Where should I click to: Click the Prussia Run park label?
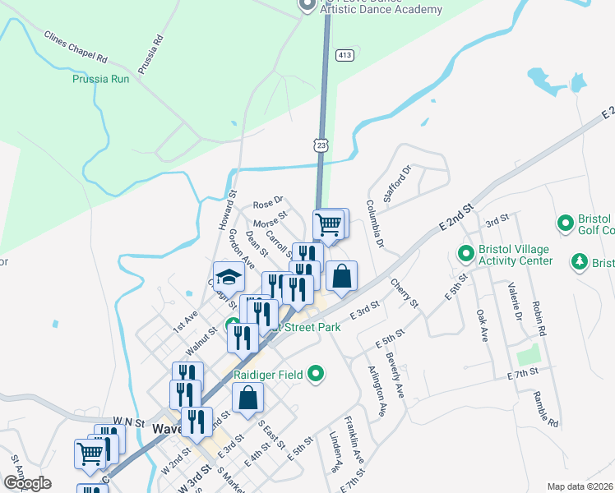coord(99,80)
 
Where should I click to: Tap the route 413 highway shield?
coord(344,55)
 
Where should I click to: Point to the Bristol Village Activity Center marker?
coord(465,252)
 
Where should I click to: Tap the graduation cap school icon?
coord(229,274)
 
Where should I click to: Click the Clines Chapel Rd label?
coord(76,48)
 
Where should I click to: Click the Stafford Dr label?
coord(396,186)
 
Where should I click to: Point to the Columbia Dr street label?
coord(374,223)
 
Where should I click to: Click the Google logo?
coord(27,483)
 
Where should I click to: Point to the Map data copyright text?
coord(580,486)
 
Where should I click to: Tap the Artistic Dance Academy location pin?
coord(307,5)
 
